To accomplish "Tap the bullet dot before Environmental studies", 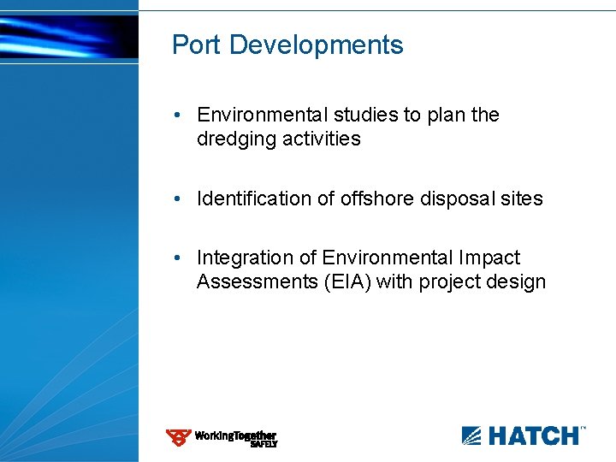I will click(175, 115).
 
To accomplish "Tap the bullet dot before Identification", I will click(175, 199).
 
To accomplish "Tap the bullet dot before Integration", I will click(175, 258).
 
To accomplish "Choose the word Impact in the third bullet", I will click(489, 258).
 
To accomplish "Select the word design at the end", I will click(516, 282).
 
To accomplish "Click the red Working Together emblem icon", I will click(179, 438).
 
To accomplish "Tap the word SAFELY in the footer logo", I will click(264, 444).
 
